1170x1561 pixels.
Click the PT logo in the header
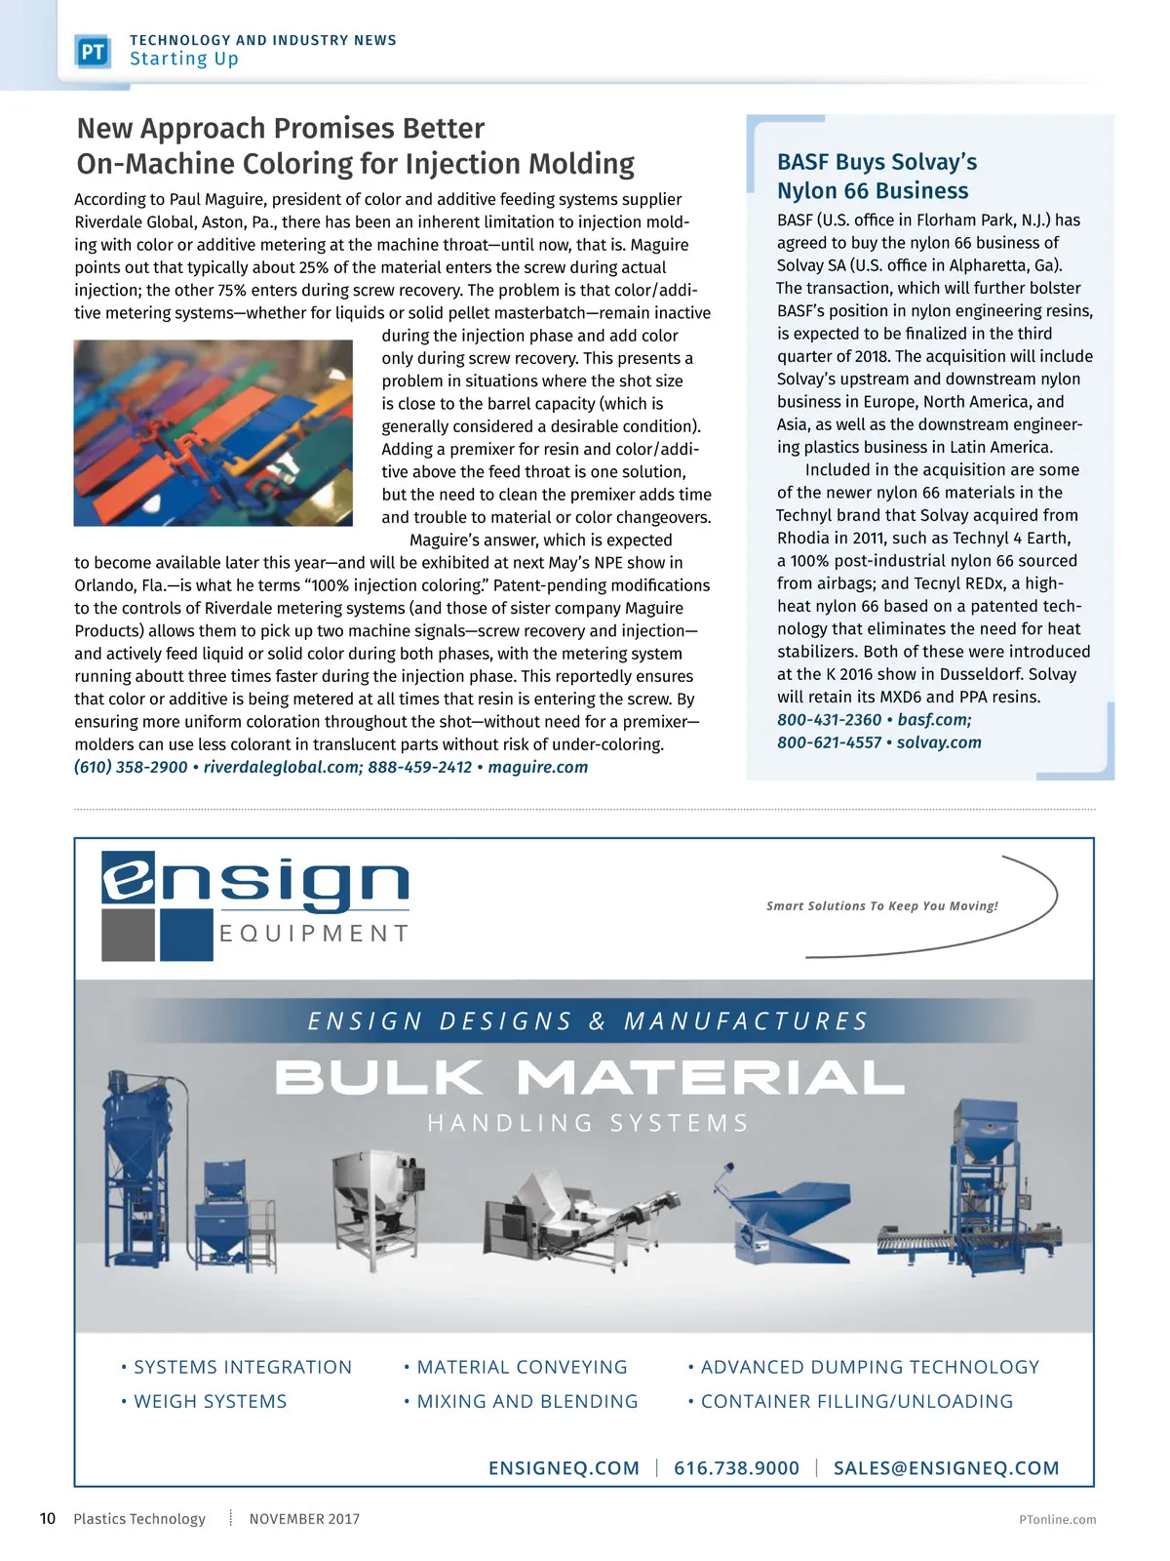click(x=93, y=52)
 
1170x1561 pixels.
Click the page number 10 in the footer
click(x=48, y=1518)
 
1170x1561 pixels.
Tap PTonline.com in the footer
click(x=1057, y=1519)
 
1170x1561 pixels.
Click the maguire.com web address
click(x=538, y=767)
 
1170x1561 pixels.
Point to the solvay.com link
click(x=939, y=742)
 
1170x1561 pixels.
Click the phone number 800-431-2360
click(x=829, y=720)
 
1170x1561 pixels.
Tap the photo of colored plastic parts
click(x=214, y=433)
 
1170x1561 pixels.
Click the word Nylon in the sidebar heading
click(x=807, y=190)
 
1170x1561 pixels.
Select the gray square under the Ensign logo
click(x=128, y=935)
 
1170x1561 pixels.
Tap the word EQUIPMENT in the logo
click(x=313, y=934)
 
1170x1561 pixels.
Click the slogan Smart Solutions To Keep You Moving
click(x=881, y=906)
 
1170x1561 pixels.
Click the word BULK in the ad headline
click(x=379, y=1077)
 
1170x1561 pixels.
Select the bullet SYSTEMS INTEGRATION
click(x=243, y=1367)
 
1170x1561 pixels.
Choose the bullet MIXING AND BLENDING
click(x=527, y=1401)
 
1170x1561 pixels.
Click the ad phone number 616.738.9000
click(x=736, y=1468)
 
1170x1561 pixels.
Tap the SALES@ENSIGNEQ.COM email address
click(x=946, y=1468)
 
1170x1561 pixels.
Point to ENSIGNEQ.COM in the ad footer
click(x=564, y=1468)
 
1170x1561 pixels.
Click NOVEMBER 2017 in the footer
click(x=304, y=1519)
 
